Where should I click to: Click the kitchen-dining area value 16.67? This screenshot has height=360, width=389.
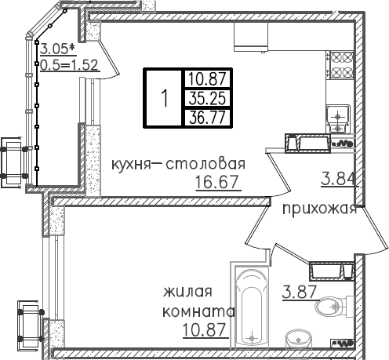(216, 182)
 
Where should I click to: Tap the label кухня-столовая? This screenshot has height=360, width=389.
(179, 164)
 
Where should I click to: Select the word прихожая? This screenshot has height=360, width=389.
(320, 209)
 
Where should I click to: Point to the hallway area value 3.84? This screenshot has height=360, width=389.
(339, 179)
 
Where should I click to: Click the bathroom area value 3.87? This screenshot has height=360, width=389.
(300, 292)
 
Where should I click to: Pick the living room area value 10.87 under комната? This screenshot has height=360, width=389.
(204, 330)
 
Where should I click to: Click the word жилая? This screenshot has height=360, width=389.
(187, 292)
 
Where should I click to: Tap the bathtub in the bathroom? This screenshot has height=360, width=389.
(252, 307)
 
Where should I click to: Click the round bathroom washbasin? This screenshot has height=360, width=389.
(298, 339)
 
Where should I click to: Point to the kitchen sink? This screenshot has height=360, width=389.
(338, 118)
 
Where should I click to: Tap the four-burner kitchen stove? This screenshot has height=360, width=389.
(342, 65)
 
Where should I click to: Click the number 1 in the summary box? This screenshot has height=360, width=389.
(165, 98)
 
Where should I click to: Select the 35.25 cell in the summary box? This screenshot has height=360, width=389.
(207, 98)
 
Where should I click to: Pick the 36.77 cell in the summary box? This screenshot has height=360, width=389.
(207, 118)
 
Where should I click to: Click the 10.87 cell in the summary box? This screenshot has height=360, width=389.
(207, 78)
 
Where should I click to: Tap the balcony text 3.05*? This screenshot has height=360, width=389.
(58, 49)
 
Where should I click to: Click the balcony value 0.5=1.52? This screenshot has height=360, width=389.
(70, 65)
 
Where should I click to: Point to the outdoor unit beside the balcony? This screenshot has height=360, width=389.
(13, 162)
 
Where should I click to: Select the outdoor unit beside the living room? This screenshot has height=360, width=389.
(29, 325)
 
